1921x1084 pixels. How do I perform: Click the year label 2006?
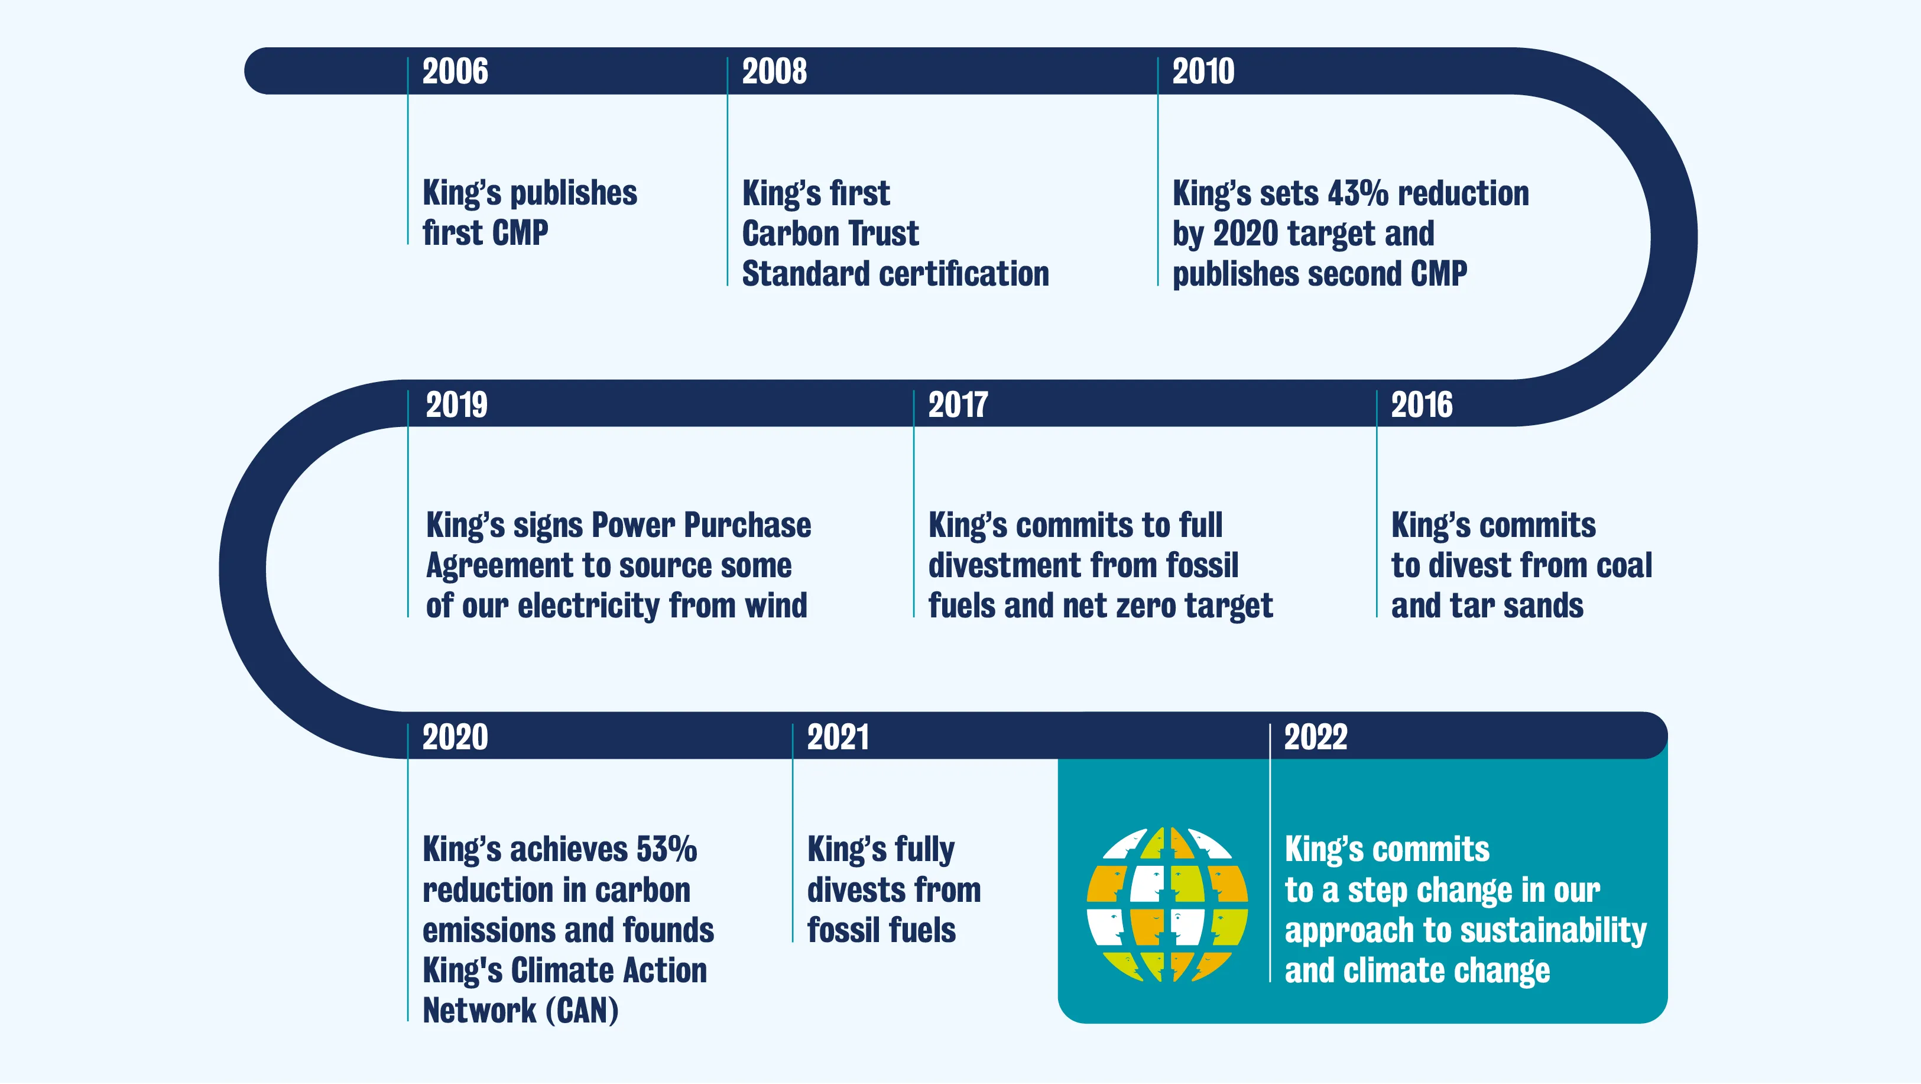pos(455,72)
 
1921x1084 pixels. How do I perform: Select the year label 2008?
pos(774,72)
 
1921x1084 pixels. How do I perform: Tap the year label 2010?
pos(1203,72)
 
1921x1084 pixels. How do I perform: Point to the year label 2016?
pos(1422,405)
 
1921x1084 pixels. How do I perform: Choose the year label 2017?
pos(958,405)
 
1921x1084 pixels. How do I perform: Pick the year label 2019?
pos(456,405)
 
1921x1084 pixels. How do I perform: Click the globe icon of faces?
pos(1167,904)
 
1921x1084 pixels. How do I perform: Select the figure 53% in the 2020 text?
pos(667,850)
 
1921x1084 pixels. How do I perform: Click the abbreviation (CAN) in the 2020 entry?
pos(582,1011)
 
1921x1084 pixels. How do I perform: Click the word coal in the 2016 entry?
pos(1624,565)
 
